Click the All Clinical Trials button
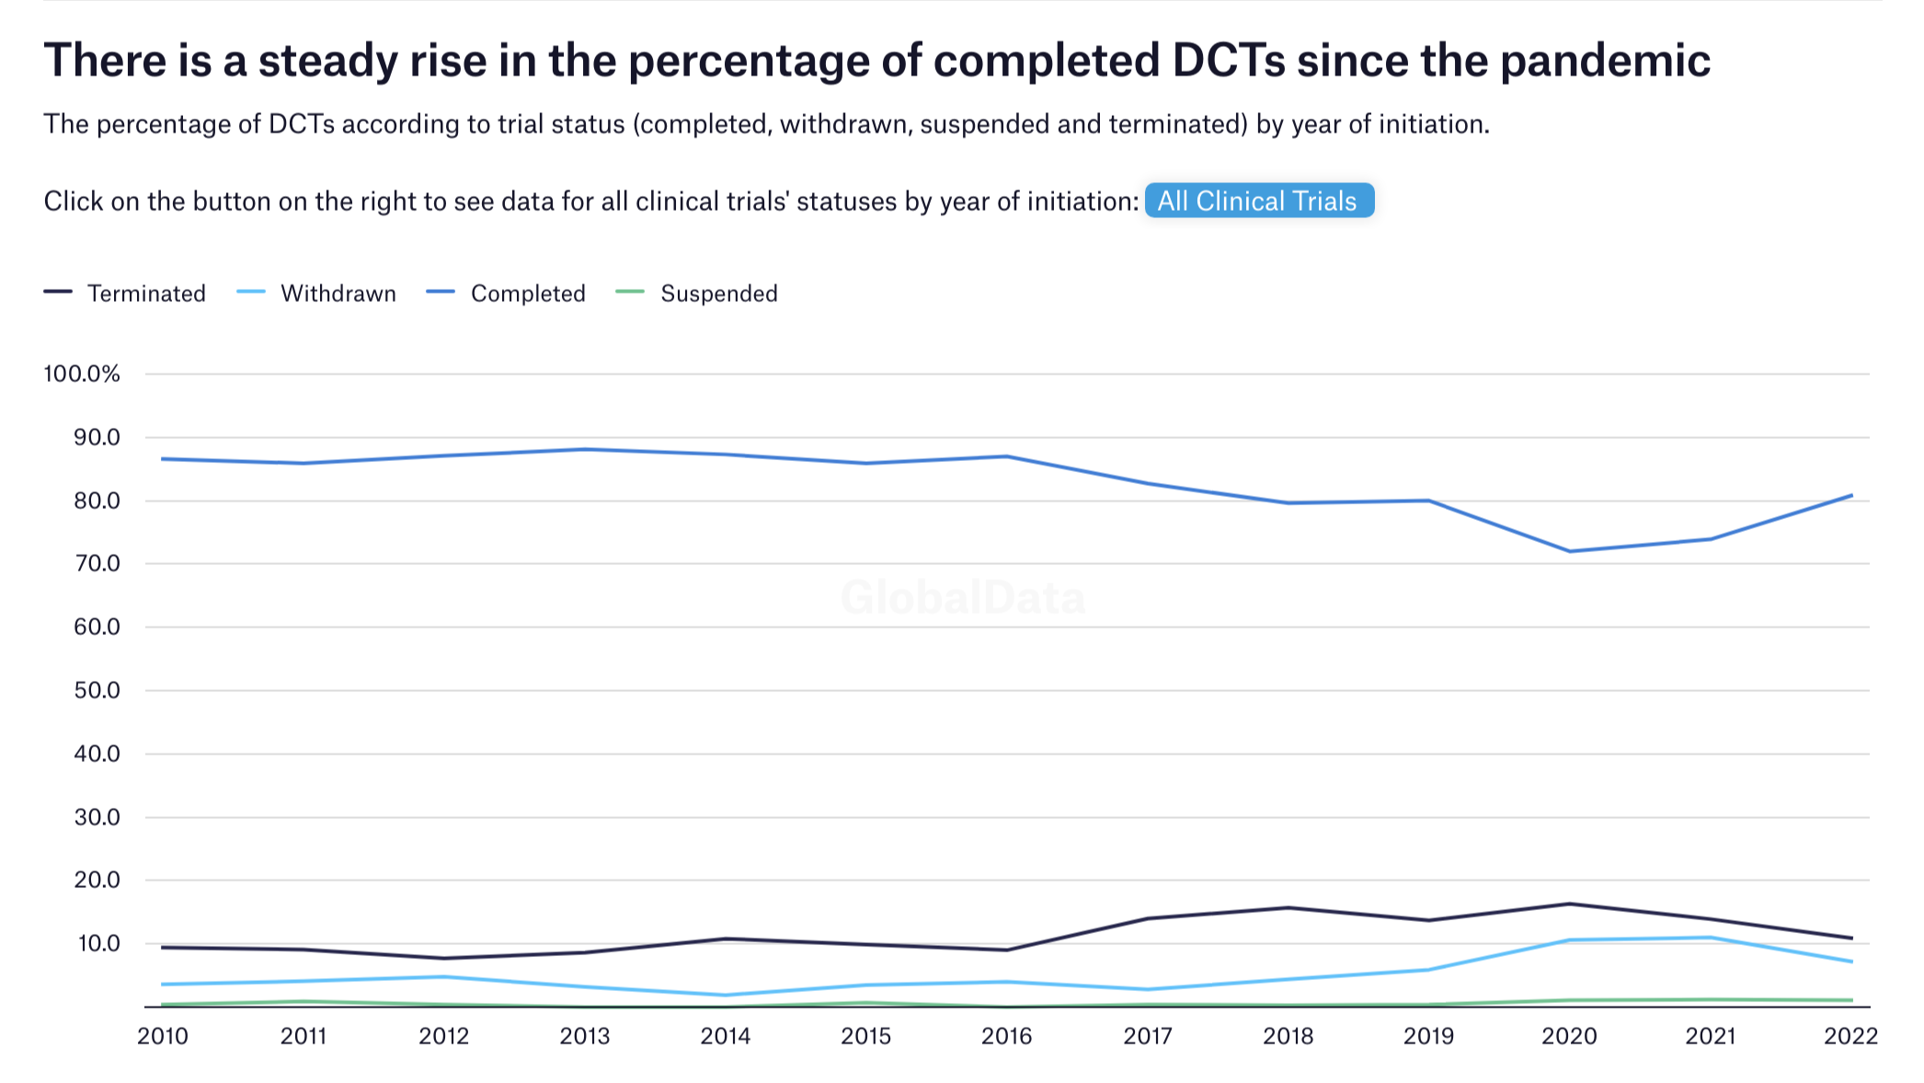tap(1258, 201)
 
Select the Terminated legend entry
tap(145, 294)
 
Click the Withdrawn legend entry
tap(338, 294)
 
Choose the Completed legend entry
tap(527, 294)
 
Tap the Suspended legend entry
tap(718, 294)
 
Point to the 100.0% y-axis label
tap(82, 374)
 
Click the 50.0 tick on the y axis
tap(97, 690)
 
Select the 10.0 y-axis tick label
tap(97, 943)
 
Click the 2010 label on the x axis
tap(163, 1036)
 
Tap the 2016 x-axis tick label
tap(1006, 1036)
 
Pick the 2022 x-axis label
tap(1850, 1036)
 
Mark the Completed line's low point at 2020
tap(1570, 551)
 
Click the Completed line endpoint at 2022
tap(1851, 495)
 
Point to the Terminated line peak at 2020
tap(1570, 904)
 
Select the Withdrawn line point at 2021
tap(1711, 938)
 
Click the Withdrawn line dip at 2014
tap(726, 995)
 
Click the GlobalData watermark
tap(963, 598)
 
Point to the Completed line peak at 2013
tap(585, 449)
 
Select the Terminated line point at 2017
tap(1148, 918)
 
